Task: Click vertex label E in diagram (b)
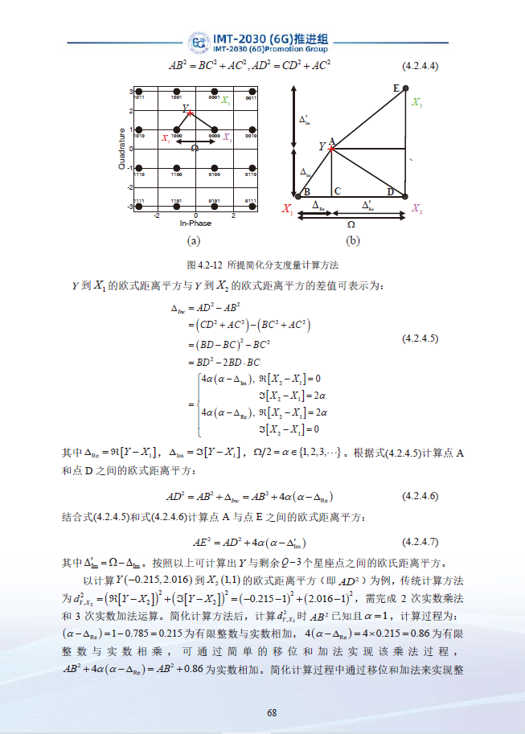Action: [x=396, y=87]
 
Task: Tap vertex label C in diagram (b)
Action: [x=337, y=191]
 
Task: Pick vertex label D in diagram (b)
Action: [x=391, y=191]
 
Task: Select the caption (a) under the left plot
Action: [x=193, y=240]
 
